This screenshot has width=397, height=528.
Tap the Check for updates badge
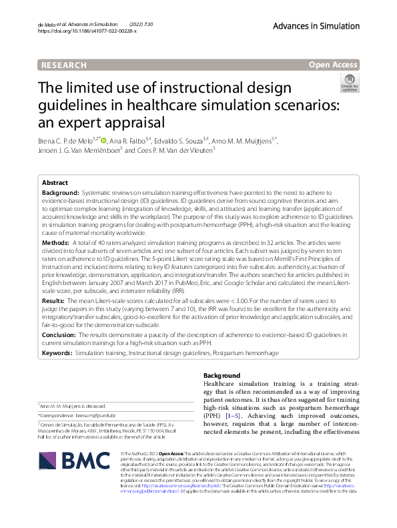coord(350,84)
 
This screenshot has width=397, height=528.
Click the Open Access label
coord(332,65)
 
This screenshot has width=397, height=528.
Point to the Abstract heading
coord(55,182)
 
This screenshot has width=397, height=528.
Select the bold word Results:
coord(54,301)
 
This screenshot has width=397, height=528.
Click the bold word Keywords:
coord(57,352)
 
